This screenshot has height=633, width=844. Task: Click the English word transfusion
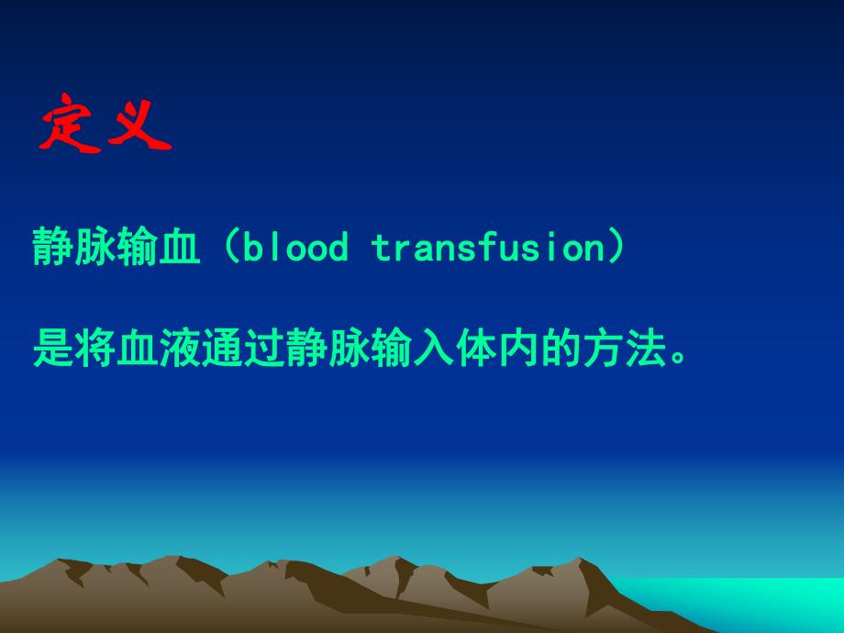[486, 248]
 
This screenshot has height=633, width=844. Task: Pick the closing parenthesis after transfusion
[617, 248]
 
